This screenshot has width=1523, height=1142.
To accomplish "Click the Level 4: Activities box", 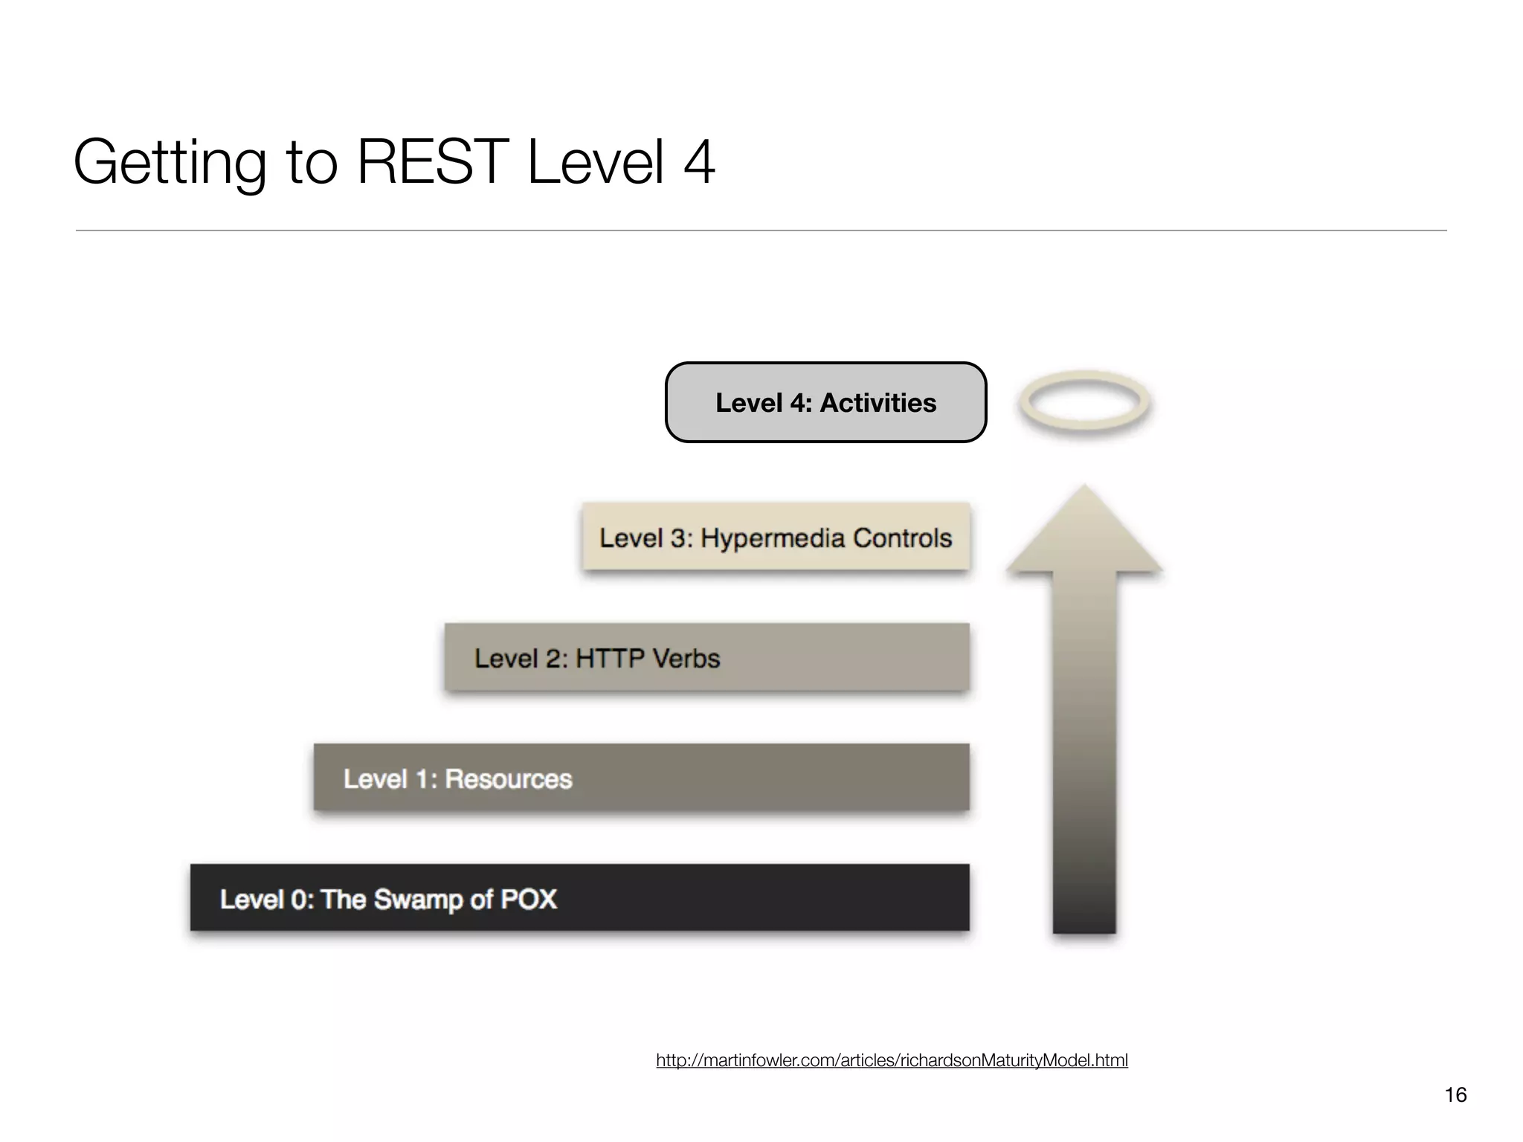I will (x=825, y=402).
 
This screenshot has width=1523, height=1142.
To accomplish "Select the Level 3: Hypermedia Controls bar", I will (x=776, y=537).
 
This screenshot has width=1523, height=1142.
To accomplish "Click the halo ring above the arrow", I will (x=1085, y=402).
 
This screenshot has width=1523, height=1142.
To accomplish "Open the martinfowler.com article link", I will (x=892, y=1060).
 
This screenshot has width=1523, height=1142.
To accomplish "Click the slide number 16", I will (x=1455, y=1094).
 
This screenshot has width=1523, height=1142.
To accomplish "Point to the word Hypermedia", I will (x=773, y=538).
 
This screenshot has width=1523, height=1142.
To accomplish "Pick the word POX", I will (x=529, y=899).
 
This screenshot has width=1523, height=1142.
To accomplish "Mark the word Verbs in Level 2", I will (x=683, y=659).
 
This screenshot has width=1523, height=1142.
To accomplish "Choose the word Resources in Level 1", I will (x=509, y=778).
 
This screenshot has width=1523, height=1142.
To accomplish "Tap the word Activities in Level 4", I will (x=878, y=402).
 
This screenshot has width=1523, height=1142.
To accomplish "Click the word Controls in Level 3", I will (x=902, y=538).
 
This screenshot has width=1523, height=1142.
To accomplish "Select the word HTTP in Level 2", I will (x=609, y=659).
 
